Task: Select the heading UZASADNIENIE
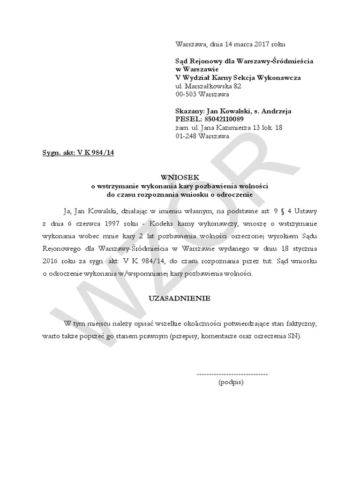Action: coord(180,298)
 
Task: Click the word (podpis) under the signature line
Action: coord(231,382)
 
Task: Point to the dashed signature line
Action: coord(232,375)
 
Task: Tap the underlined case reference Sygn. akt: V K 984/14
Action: coord(78,153)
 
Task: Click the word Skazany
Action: coord(190,111)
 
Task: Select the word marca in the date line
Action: coord(239,44)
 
